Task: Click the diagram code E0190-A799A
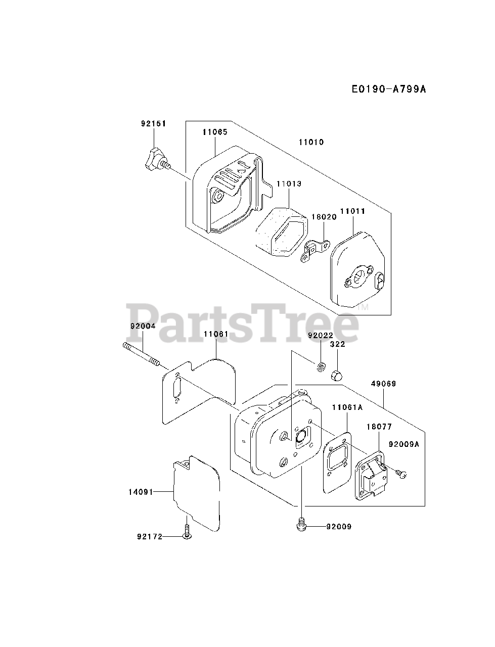pos(389,89)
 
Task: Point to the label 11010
pos(311,142)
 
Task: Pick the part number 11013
pos(288,183)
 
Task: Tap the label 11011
pos(352,211)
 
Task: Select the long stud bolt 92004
pos(141,354)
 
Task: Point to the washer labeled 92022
pos(321,366)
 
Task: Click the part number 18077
pos(379,427)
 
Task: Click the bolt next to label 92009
pos(301,526)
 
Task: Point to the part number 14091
pos(141,491)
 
